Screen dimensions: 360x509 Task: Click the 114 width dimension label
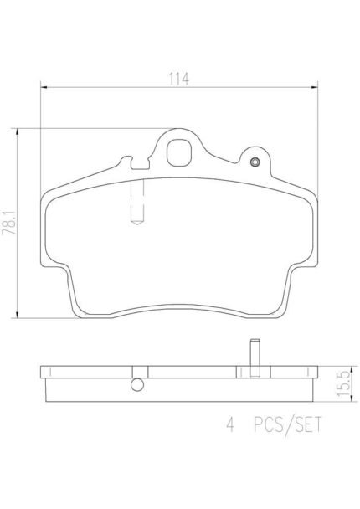point(178,79)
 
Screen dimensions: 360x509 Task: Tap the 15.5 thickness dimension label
point(344,383)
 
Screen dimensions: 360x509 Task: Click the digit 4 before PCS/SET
point(230,424)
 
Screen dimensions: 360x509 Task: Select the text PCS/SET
point(288,424)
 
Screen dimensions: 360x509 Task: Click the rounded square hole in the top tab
point(179,152)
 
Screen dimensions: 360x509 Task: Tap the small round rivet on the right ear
point(255,162)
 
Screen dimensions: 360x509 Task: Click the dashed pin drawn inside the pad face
point(137,202)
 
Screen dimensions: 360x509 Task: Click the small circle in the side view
point(137,384)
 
